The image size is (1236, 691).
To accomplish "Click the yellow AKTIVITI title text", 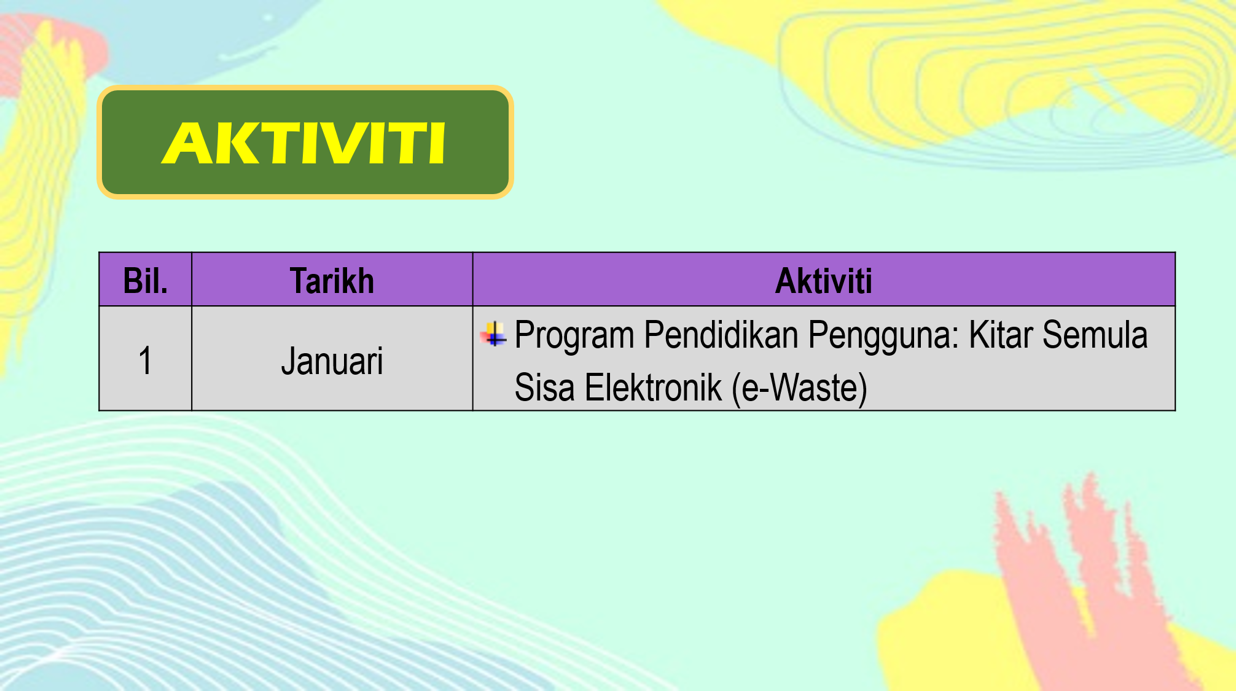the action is click(304, 144).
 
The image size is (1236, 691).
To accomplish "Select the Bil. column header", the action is click(146, 281).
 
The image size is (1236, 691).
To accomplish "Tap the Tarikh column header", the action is click(332, 281).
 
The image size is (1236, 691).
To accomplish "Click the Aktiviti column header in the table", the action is click(824, 281).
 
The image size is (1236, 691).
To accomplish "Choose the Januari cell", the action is click(332, 361).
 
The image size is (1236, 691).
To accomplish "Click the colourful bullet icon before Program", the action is click(493, 334).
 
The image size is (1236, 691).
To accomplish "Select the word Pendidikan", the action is click(721, 335).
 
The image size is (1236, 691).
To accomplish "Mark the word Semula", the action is click(1095, 335).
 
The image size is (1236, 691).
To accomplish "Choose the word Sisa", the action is click(544, 388).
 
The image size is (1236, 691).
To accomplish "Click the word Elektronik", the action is click(653, 388).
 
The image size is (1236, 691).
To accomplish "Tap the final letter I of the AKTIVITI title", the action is click(437, 144).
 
